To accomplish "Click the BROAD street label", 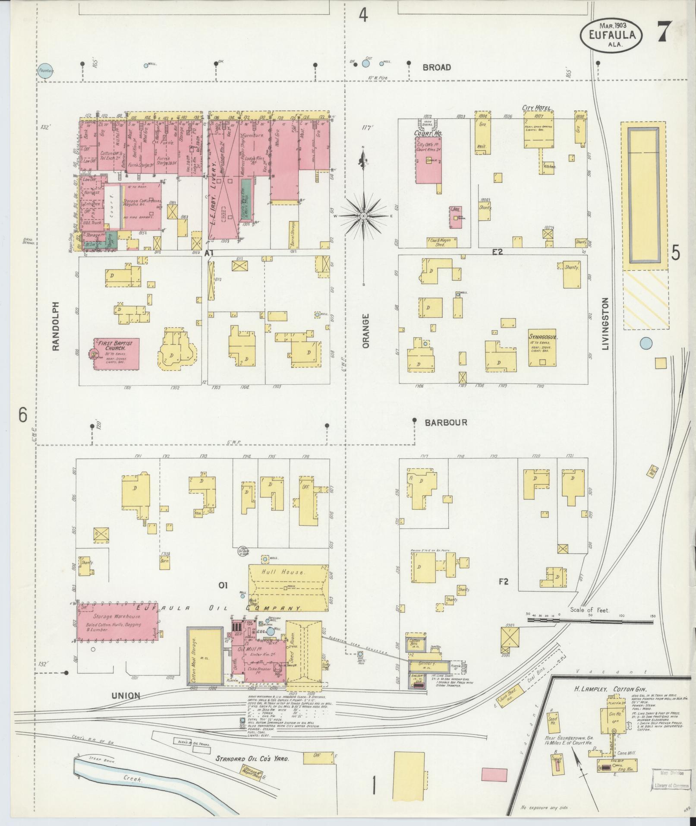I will point(437,67).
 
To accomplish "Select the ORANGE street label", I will point(366,331).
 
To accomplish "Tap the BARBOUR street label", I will point(446,423).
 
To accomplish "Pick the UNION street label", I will point(126,696).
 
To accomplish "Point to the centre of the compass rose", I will point(364,216).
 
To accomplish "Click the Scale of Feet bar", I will point(590,620).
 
